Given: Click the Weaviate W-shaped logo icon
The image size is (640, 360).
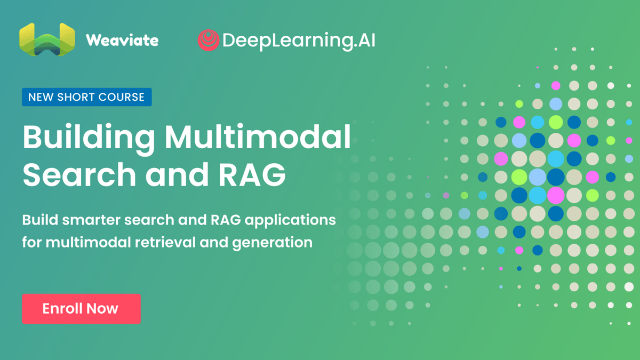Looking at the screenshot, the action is (x=47, y=39).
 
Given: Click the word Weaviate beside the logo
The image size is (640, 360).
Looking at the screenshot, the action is (x=122, y=40).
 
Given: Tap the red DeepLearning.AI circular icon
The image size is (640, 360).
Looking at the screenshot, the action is (x=209, y=40).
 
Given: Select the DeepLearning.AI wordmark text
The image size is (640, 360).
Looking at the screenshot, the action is (x=299, y=41).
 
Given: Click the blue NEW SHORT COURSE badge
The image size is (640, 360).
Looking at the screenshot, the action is (x=87, y=97).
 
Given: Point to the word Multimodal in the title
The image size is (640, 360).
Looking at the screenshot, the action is (x=258, y=137).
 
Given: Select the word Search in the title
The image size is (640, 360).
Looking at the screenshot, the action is (x=79, y=174).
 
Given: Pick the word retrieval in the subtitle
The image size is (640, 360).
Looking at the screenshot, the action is (x=165, y=242).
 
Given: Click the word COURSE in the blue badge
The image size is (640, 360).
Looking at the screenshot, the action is (x=121, y=97).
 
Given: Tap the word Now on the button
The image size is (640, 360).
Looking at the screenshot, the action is (x=102, y=309).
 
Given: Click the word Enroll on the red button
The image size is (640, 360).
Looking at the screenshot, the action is (x=62, y=309).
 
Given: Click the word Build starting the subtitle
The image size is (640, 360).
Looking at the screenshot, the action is (x=40, y=220).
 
